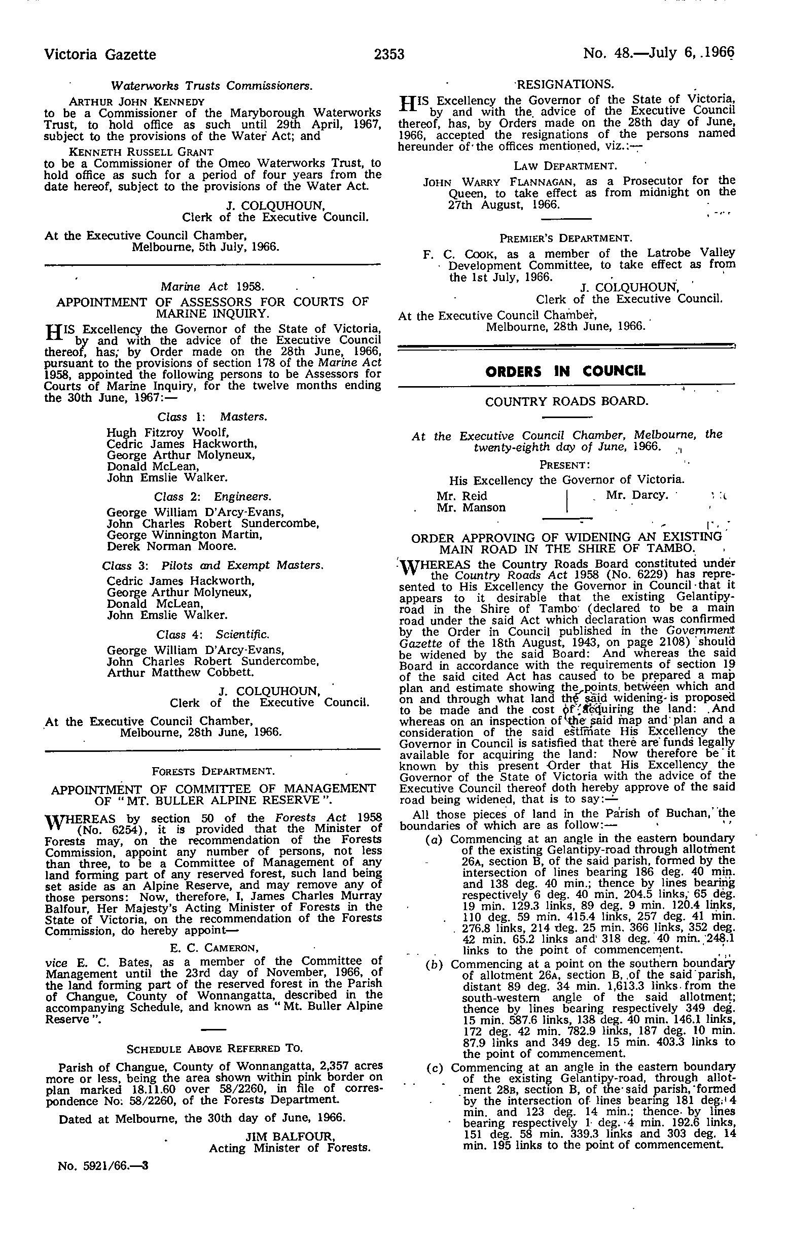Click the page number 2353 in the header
tap(389, 54)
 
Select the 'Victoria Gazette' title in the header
tap(100, 54)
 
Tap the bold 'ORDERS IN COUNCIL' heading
tap(565, 371)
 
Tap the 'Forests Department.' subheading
tap(213, 771)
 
